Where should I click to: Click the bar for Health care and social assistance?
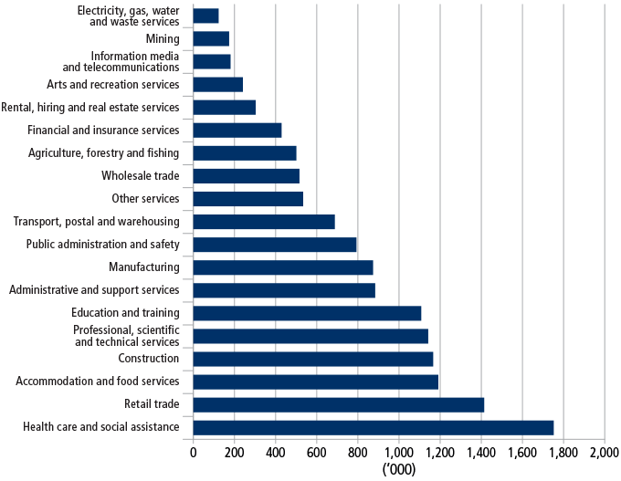[374, 427]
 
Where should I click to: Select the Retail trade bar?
[339, 404]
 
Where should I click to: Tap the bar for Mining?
[211, 38]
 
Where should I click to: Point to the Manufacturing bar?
[283, 267]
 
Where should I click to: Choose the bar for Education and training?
[307, 313]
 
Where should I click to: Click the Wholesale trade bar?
[247, 176]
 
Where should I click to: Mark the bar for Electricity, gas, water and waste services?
[206, 16]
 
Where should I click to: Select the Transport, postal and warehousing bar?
[264, 222]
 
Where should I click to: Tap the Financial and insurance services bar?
[237, 131]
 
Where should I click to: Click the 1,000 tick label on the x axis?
[398, 452]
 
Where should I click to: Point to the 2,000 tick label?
[604, 452]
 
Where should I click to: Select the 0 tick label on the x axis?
[194, 452]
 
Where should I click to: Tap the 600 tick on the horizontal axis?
[317, 452]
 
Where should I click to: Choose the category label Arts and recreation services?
[113, 85]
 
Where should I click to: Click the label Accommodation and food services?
[98, 382]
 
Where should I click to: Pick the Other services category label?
[145, 199]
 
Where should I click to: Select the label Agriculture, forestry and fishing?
[104, 153]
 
